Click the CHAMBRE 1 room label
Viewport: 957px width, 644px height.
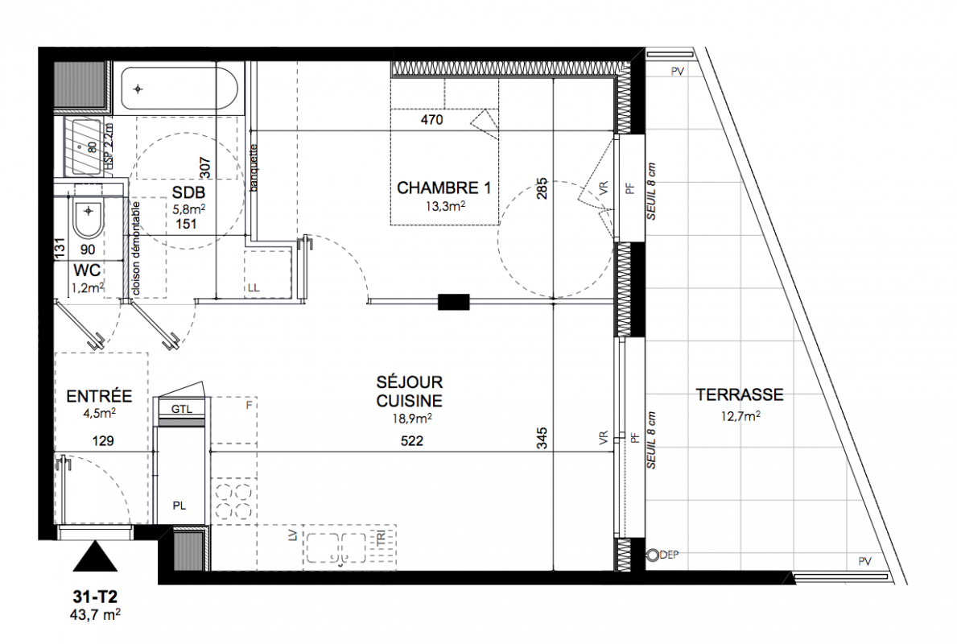tap(443, 188)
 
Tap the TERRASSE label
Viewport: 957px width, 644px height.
tap(740, 395)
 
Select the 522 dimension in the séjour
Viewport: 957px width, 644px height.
tap(412, 440)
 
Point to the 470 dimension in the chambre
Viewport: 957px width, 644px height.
tap(431, 120)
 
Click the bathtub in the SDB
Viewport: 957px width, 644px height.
tap(179, 89)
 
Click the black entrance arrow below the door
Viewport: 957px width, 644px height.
tap(95, 556)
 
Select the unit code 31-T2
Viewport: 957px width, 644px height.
tap(95, 597)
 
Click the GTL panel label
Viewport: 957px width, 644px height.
tap(181, 409)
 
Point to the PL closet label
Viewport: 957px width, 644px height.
tap(179, 506)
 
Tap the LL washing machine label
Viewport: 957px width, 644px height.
tap(254, 287)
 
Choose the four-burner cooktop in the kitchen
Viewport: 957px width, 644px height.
tap(233, 502)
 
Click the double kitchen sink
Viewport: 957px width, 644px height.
tap(336, 547)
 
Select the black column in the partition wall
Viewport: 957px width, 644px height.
tap(453, 302)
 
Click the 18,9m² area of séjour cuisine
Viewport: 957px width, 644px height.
tap(412, 418)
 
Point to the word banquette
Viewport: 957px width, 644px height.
tap(254, 168)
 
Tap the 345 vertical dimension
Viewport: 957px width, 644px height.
tap(542, 438)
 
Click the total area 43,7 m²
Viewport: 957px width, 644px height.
tap(95, 614)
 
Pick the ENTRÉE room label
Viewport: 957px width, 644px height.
tap(100, 396)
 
